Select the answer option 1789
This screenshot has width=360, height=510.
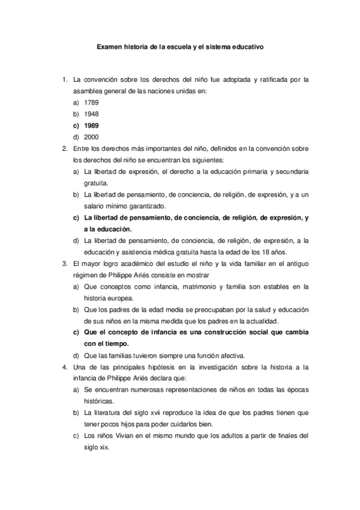(91, 102)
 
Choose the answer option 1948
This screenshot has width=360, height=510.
(91, 114)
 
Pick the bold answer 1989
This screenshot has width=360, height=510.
(91, 125)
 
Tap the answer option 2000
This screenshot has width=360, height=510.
(91, 137)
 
